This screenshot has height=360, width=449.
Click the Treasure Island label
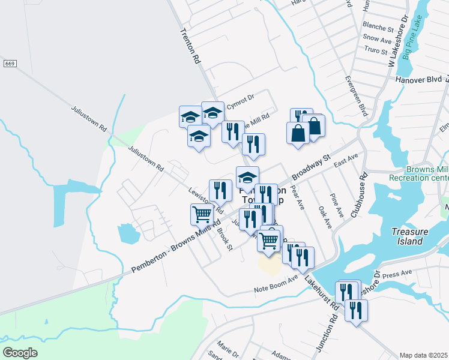coord(414,236)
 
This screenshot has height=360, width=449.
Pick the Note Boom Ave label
coord(276,285)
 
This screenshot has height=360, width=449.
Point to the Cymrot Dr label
coord(240,98)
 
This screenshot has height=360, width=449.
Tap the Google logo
coord(20,353)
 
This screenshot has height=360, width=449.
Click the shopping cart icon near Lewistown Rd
coord(202,214)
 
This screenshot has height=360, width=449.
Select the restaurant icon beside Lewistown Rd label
coord(220,190)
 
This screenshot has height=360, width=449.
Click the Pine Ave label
coord(337,206)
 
